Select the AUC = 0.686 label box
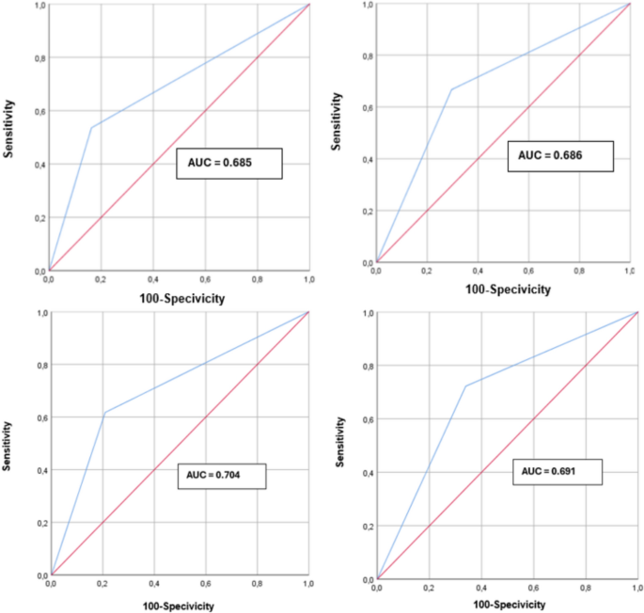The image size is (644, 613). [559, 156]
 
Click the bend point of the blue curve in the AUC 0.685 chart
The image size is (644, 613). [91, 127]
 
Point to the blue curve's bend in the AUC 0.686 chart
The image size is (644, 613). [451, 89]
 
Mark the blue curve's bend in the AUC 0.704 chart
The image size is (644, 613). [104, 413]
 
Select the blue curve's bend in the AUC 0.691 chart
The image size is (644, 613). [464, 385]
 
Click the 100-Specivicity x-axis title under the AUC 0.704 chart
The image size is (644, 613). [179, 605]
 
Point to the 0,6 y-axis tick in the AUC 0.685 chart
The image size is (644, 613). [37, 113]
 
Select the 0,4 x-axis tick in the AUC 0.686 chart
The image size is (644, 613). [479, 271]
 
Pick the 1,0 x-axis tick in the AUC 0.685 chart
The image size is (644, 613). [307, 279]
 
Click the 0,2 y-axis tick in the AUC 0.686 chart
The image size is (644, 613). [366, 210]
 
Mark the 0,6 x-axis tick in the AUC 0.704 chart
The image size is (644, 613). [206, 585]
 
